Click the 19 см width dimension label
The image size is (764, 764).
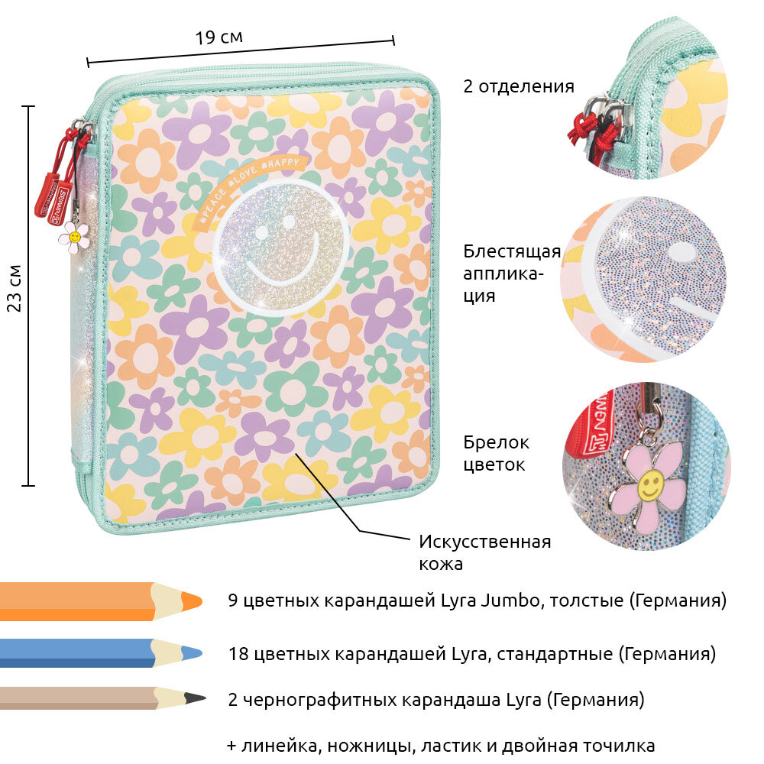219,37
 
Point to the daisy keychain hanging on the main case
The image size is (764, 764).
74,236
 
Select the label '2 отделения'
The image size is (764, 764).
518,86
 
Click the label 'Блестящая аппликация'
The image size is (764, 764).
511,273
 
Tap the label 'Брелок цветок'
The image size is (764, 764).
497,452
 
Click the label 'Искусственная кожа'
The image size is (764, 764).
484,552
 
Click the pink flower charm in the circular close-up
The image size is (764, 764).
648,486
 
